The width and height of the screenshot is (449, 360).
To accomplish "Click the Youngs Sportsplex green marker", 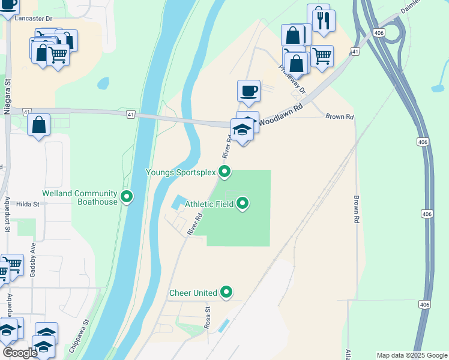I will (224, 172).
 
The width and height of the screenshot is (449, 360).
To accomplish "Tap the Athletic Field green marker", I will (243, 204).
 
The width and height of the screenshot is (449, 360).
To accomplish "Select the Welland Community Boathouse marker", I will (127, 197).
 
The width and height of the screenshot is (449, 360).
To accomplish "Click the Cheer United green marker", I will (226, 292).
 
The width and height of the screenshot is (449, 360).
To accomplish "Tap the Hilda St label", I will (28, 204).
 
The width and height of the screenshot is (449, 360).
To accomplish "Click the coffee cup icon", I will (249, 91).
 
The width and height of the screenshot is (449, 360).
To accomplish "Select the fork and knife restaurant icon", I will (324, 20).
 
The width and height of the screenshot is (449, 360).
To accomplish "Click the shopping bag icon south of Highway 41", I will (39, 125).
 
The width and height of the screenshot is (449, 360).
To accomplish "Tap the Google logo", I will (19, 353).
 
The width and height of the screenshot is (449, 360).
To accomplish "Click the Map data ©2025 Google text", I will (412, 355).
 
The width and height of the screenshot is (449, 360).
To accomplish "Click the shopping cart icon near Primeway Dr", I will (322, 56).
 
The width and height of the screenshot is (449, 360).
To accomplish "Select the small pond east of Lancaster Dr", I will (103, 83).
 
